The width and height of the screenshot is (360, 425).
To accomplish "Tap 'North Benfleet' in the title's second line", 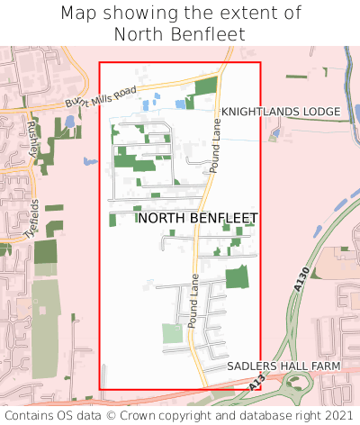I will pos(180,34).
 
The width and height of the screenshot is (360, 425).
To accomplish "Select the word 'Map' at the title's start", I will pos(80,14).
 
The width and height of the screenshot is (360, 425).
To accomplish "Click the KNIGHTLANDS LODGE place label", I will pos(281,112).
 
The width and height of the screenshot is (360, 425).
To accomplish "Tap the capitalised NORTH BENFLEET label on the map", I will pos(197,218).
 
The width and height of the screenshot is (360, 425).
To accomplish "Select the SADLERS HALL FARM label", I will pos(283,366).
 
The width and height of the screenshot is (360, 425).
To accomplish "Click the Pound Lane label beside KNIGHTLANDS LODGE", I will pos(215,143).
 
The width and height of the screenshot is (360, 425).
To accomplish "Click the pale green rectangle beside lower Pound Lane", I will pos(172,334).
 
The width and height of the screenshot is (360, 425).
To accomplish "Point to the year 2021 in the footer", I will pos(337,416).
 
